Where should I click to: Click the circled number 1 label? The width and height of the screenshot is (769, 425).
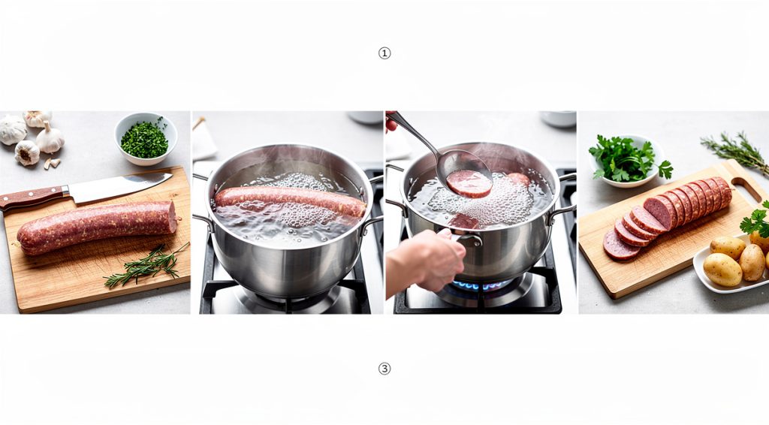point(384,53)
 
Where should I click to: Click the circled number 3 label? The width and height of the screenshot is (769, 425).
point(384,369)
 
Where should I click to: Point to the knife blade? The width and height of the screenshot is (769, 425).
point(120,187)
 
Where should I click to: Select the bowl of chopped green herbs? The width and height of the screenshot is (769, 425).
point(146,139)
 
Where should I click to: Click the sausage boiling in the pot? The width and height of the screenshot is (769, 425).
point(289,200)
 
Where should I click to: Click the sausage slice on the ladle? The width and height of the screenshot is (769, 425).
point(470,182)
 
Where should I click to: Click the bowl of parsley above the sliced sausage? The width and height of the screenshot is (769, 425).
point(626,160)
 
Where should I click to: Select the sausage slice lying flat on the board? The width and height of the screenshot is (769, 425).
point(620,245)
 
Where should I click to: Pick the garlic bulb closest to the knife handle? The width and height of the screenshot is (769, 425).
point(28,152)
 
